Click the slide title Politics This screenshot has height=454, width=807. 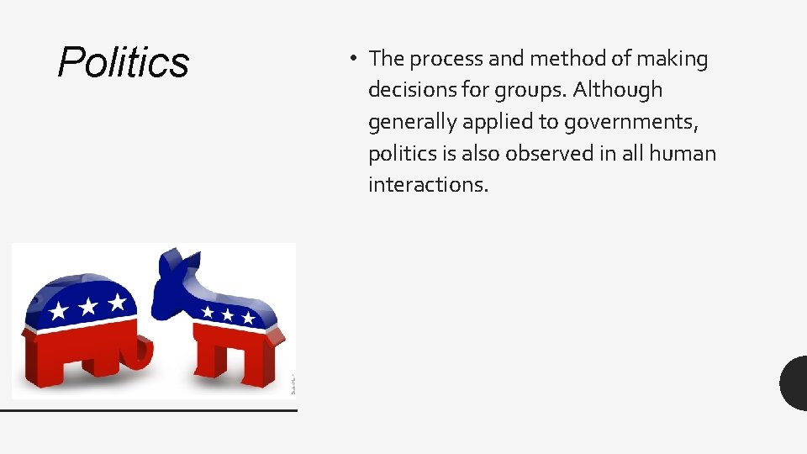pos(124,62)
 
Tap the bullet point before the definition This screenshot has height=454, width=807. pos(356,59)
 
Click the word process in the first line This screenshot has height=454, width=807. pos(451,59)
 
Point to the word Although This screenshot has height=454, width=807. pos(618,90)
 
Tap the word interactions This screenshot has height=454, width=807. pos(428,185)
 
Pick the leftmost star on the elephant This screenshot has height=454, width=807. pos(59,312)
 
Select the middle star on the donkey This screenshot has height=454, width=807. pos(228,314)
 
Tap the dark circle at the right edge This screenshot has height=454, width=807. pos(794,383)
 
